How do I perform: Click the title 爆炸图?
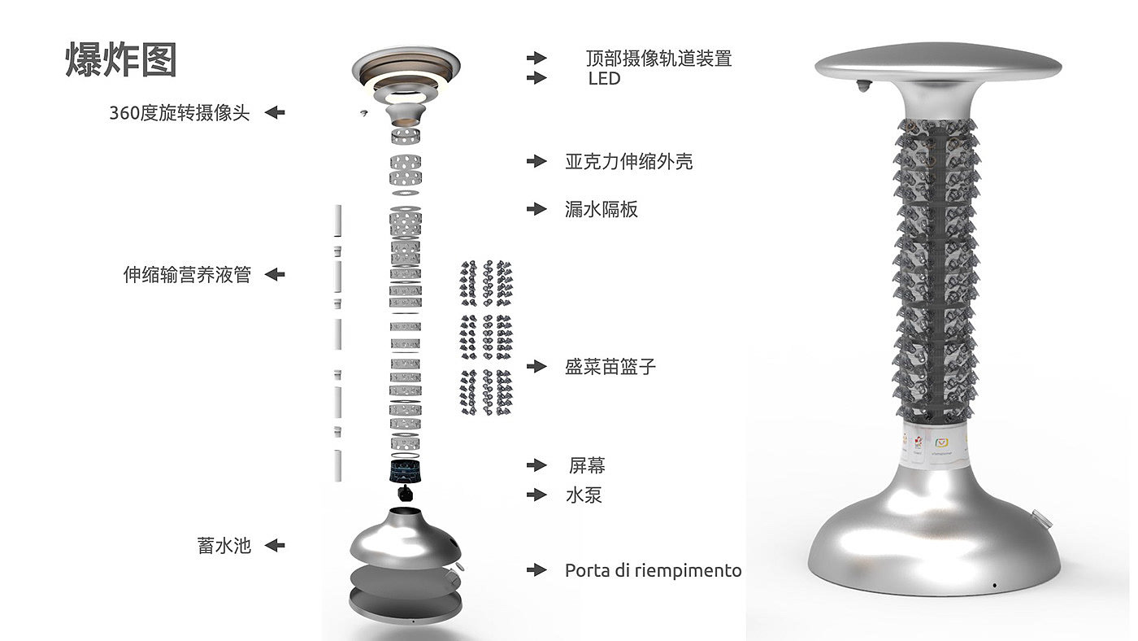[121, 59]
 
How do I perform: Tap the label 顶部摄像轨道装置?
[659, 59]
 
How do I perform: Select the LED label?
[604, 78]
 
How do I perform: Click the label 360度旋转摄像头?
[180, 113]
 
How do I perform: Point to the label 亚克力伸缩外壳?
[629, 162]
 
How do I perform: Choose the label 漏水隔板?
[601, 209]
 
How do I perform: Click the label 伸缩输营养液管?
[187, 274]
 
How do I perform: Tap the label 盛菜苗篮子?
[610, 367]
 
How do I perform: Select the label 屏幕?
[587, 465]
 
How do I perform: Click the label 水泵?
[584, 495]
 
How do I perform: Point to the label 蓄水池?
[224, 546]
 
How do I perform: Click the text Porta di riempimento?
[653, 570]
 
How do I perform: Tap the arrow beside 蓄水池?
[275, 546]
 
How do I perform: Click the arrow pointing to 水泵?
[536, 495]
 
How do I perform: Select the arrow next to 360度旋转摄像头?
[275, 112]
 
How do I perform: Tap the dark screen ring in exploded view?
[405, 471]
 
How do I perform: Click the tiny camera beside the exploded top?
[363, 113]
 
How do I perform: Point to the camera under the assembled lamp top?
[862, 86]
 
